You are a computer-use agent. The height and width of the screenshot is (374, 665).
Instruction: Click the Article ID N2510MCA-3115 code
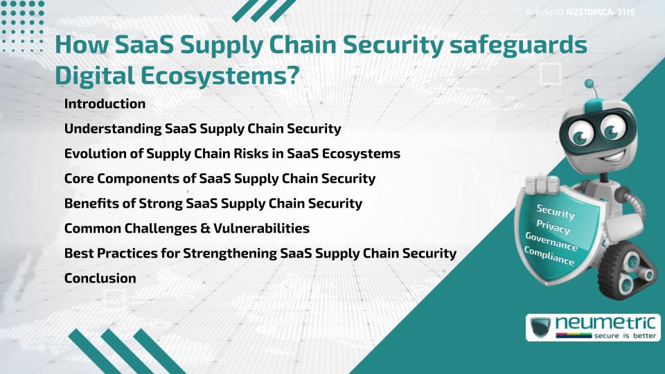tap(601, 12)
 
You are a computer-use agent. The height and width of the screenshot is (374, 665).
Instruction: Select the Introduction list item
tap(105, 104)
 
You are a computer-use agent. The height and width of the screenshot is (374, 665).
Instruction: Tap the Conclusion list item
tap(100, 278)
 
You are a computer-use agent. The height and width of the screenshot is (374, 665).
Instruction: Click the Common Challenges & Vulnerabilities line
tap(186, 229)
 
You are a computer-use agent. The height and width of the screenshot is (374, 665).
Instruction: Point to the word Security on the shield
tap(555, 212)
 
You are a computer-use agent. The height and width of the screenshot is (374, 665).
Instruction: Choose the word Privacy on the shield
tap(553, 226)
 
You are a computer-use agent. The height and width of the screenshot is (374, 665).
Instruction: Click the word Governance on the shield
tap(551, 242)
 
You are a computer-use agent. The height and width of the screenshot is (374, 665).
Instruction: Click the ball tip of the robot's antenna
tap(589, 84)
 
